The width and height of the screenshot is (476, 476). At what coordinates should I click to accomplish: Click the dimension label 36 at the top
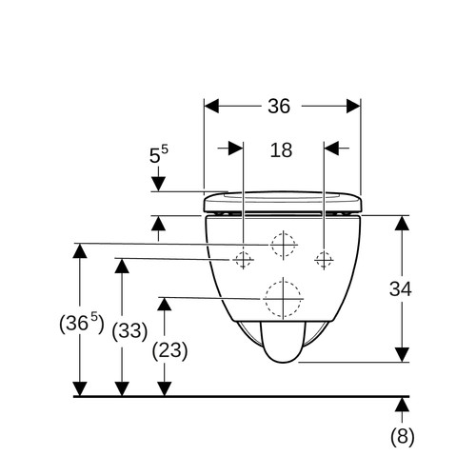coord(279,106)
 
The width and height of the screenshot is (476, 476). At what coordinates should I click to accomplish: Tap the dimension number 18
coord(281,150)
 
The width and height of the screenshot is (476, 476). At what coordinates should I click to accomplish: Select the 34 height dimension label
coord(401,289)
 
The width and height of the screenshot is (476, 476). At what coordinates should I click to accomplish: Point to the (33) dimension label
coord(129,331)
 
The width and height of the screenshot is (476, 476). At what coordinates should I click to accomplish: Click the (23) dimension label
coord(169,350)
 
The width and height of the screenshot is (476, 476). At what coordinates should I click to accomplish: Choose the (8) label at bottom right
coord(403,436)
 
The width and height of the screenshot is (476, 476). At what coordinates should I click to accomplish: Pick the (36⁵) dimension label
coord(82,323)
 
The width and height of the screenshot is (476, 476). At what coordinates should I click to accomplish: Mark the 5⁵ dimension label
coord(159,154)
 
